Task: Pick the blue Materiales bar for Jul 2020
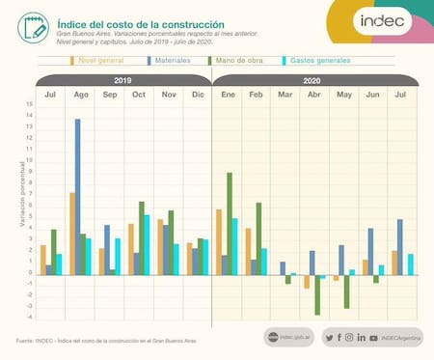point(400,247)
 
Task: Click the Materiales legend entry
point(172,60)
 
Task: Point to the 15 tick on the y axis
point(29,104)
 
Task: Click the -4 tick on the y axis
point(29,318)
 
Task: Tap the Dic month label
point(197,95)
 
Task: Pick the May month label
point(344,95)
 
